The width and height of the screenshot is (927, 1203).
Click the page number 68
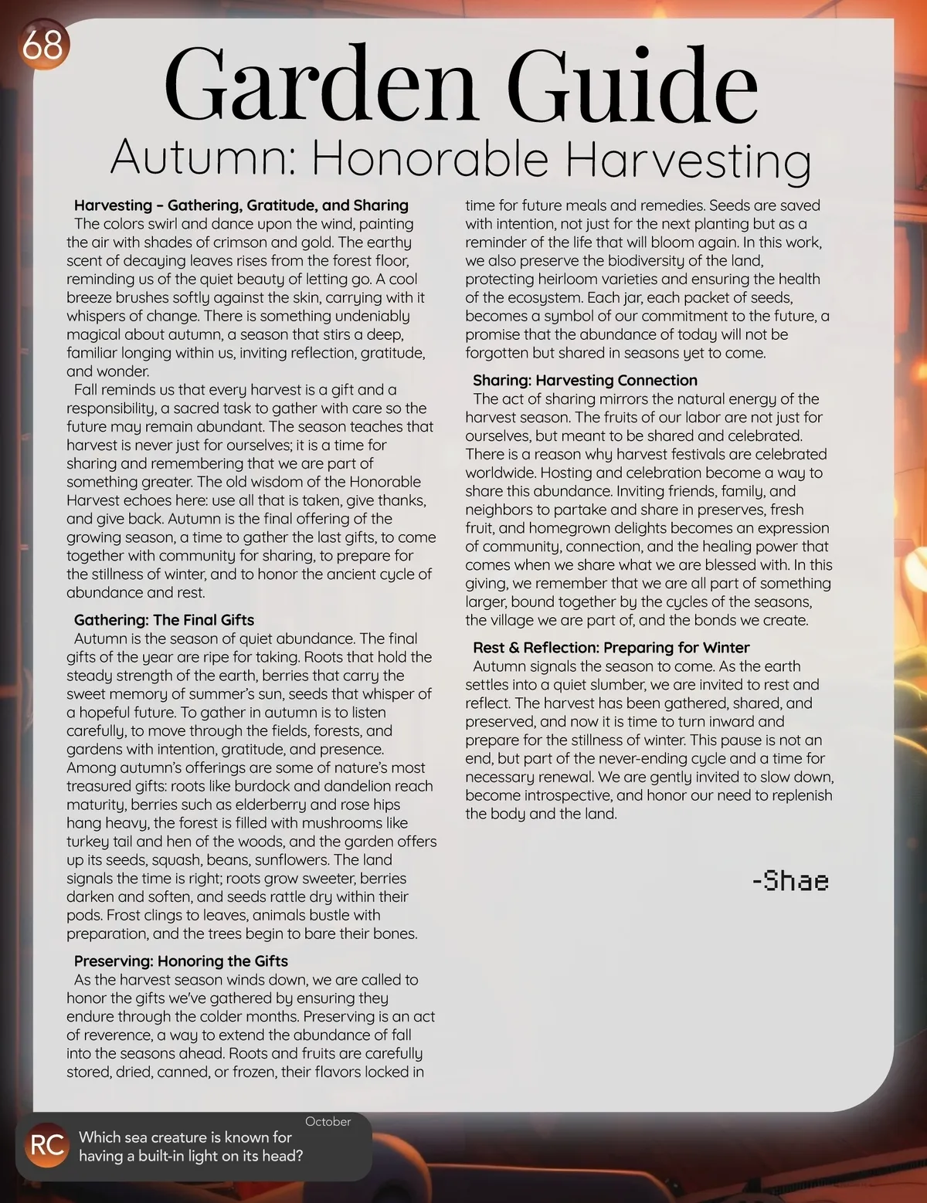tap(42, 46)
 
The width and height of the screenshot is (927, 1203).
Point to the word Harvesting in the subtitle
tap(688, 160)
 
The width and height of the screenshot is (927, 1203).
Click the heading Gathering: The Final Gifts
tap(164, 620)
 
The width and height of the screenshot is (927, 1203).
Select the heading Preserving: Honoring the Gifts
tap(181, 961)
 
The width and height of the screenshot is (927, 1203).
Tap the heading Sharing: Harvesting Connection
tap(585, 381)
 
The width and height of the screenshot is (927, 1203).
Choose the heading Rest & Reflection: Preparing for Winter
tap(611, 648)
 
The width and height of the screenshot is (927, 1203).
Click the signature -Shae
tap(790, 881)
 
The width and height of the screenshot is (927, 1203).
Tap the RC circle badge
tap(46, 1146)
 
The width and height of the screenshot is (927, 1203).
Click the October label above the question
tap(328, 1122)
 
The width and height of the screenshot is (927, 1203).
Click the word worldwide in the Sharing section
tap(501, 473)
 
